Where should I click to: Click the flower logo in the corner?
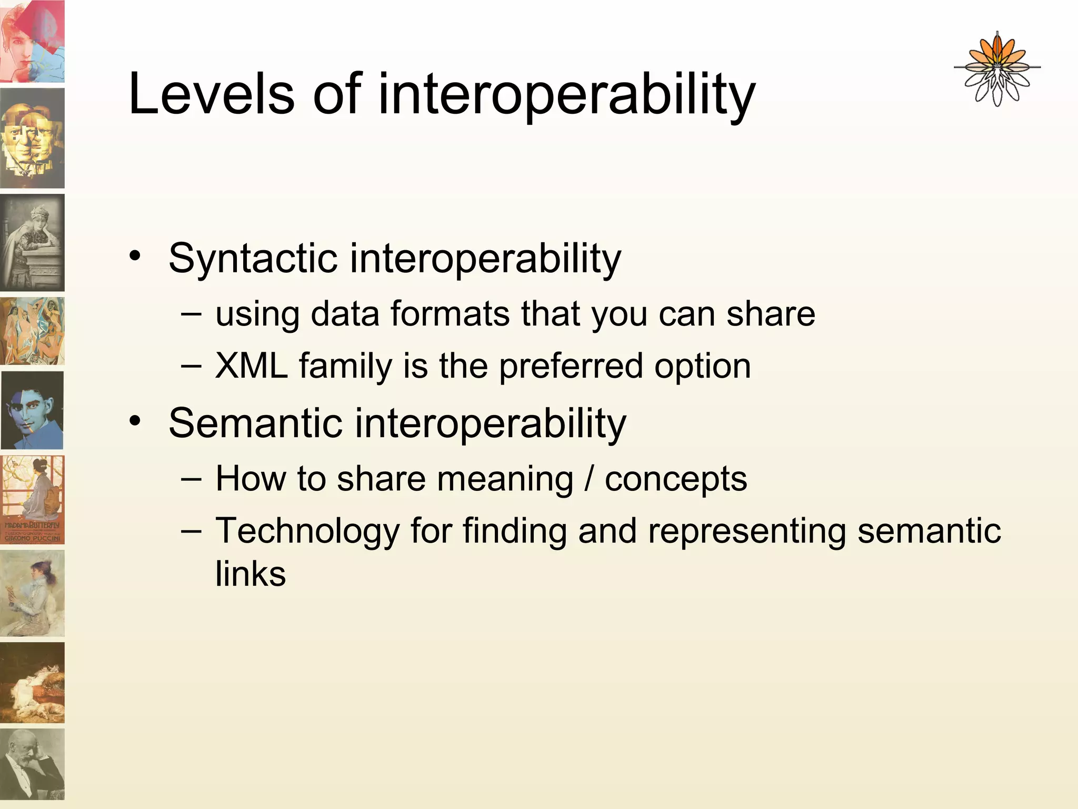(x=996, y=70)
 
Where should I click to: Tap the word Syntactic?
(x=253, y=259)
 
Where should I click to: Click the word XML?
(x=251, y=366)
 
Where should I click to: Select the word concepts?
(x=676, y=479)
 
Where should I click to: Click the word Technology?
(x=308, y=531)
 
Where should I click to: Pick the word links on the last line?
(x=251, y=574)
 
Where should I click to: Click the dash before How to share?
(x=190, y=478)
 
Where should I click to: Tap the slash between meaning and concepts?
(x=589, y=479)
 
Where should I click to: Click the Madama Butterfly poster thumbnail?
(x=33, y=499)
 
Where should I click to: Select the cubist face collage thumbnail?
(x=33, y=138)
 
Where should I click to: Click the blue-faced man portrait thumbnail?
(x=33, y=410)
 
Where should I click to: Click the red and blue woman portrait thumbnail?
(x=33, y=41)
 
